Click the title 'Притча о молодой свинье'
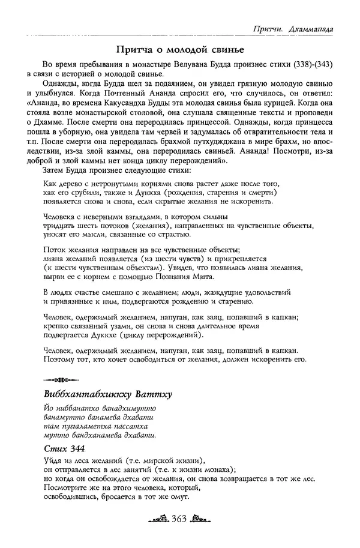pyautogui.click(x=181, y=49)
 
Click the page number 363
pyautogui.click(x=180, y=518)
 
